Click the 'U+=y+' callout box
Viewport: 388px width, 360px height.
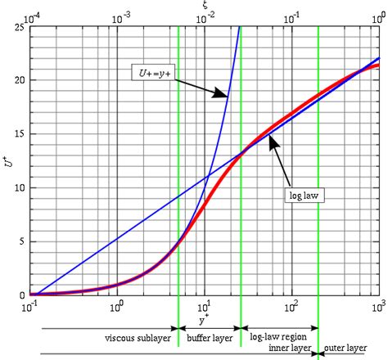click(x=151, y=73)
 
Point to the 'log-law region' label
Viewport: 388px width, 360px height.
click(x=278, y=337)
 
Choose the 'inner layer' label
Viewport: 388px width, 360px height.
click(x=290, y=348)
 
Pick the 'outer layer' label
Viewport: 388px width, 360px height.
click(x=345, y=348)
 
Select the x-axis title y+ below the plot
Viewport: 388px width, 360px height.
click(x=203, y=318)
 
